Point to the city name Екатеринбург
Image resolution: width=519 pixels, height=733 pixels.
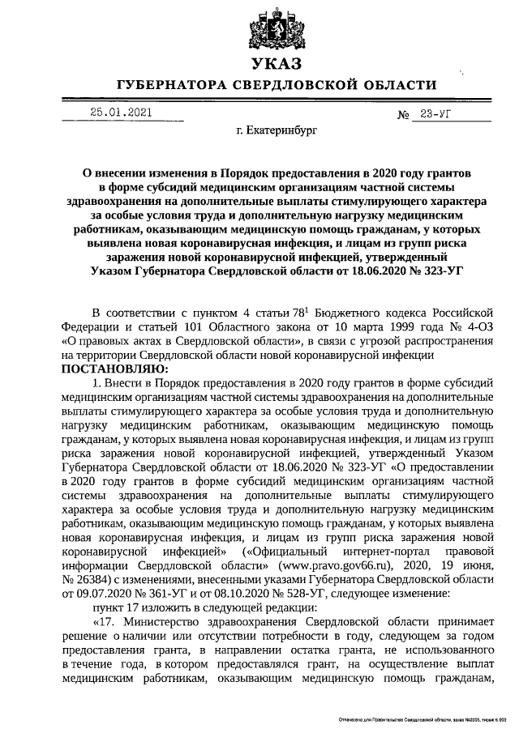(x=278, y=130)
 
